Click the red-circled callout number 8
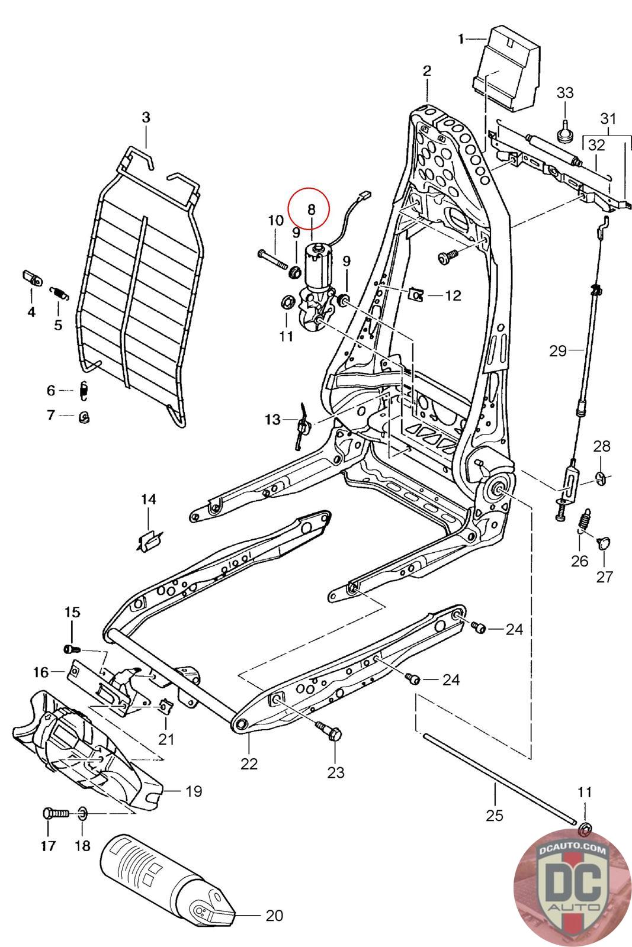(312, 209)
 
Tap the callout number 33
(564, 92)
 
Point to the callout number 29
(557, 351)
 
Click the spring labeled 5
(59, 293)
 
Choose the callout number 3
(146, 117)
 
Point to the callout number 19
(193, 791)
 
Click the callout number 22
(249, 764)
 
